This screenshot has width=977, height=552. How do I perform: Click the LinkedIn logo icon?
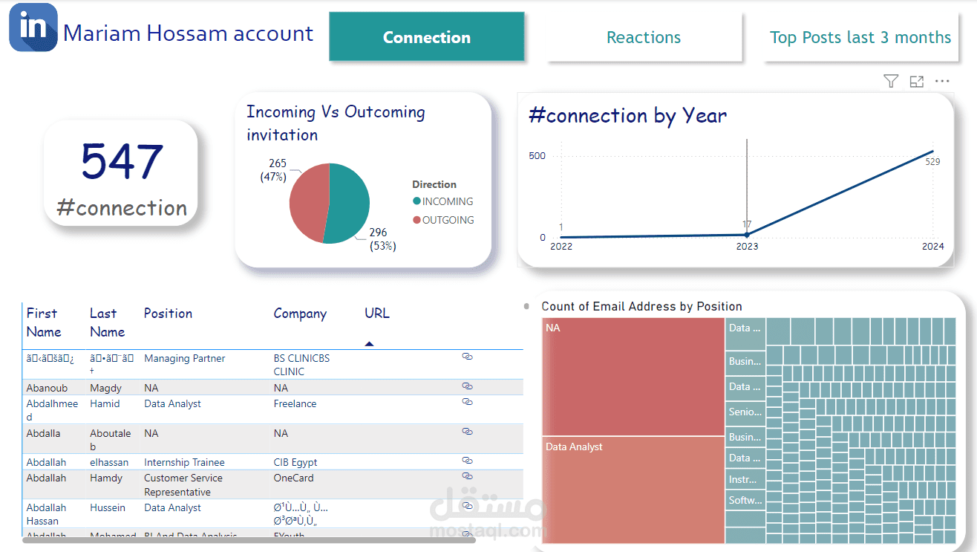(33, 27)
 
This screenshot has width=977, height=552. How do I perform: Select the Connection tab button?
(427, 37)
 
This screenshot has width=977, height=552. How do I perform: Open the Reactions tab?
(644, 37)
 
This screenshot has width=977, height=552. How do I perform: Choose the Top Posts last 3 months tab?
(860, 37)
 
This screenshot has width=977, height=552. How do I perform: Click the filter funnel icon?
(891, 82)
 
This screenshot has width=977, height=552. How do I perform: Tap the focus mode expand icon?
(917, 82)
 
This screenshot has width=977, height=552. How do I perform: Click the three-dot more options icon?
(942, 82)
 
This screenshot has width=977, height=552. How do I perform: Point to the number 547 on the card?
(122, 161)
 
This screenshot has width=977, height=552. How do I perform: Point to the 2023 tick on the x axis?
(747, 247)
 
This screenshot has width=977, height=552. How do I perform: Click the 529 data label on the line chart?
(932, 161)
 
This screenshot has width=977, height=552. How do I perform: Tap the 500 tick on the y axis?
(537, 156)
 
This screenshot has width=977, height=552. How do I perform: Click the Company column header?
(300, 314)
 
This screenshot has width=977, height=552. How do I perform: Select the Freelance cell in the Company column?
(295, 404)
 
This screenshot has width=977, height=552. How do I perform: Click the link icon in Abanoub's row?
(467, 386)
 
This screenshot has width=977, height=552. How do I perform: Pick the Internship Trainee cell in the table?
(184, 462)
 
